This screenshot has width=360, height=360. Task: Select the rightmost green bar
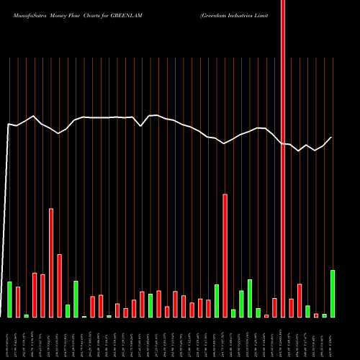click(x=333, y=294)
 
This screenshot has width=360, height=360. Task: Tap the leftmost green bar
click(x=9, y=300)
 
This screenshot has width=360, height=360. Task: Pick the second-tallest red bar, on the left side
click(x=51, y=263)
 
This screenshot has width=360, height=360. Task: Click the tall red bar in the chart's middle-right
click(x=225, y=256)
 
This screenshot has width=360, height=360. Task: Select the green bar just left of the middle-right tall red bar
click(x=217, y=301)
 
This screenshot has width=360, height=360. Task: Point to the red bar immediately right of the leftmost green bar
click(x=18, y=302)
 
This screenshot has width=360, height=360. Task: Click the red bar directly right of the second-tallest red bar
click(x=59, y=286)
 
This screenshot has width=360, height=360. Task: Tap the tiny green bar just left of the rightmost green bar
click(x=324, y=315)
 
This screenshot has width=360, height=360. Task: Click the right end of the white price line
click(x=332, y=138)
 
